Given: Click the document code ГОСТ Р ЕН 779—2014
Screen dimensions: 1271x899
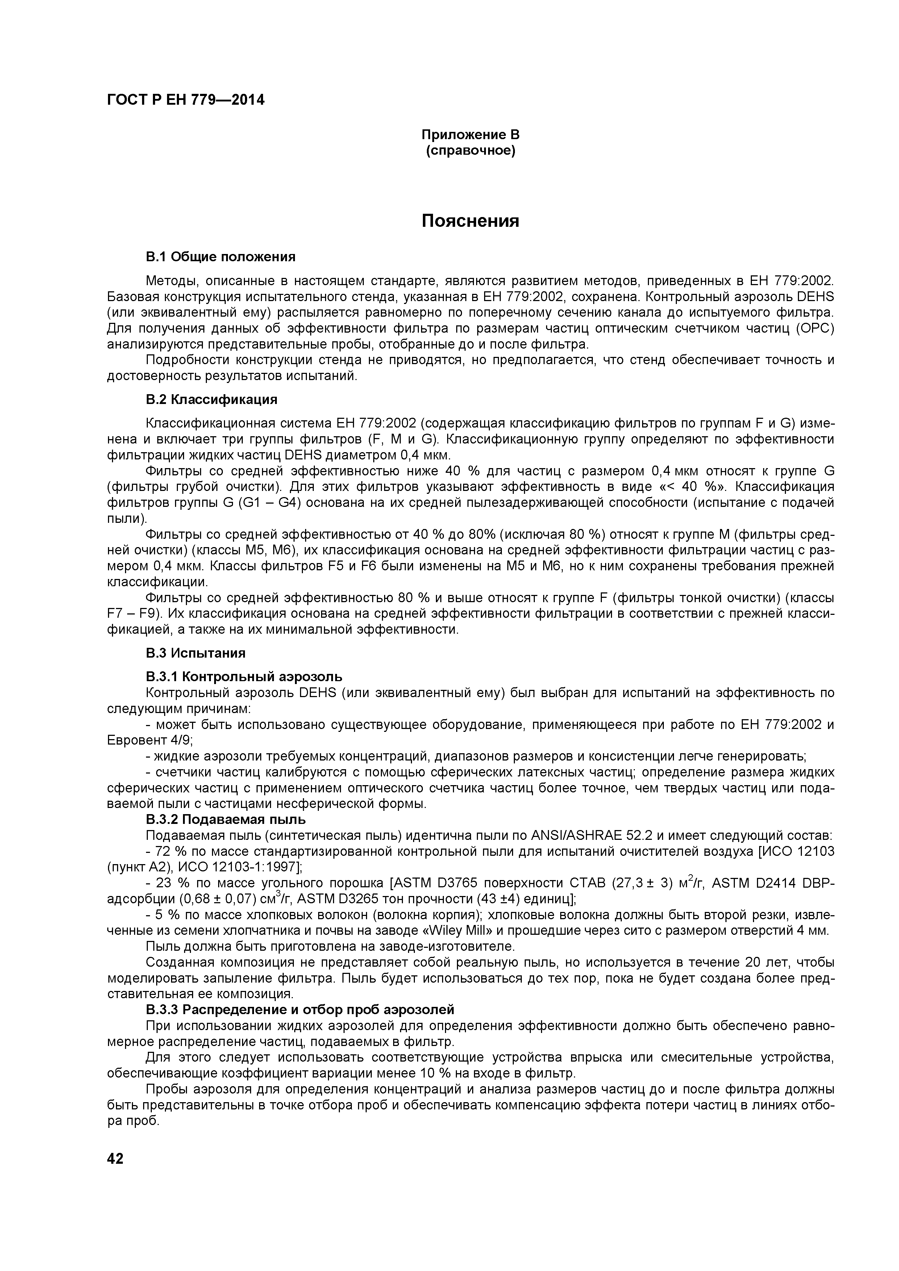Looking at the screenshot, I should [x=186, y=100].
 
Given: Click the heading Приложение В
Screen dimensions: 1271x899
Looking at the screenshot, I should [x=471, y=134].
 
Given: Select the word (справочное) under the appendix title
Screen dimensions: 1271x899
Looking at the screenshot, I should [x=471, y=151].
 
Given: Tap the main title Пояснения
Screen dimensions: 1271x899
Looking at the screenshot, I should [x=471, y=221].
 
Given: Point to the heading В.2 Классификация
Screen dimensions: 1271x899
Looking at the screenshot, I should [x=212, y=399].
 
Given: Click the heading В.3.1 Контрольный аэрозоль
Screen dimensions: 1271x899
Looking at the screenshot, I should [x=244, y=676].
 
